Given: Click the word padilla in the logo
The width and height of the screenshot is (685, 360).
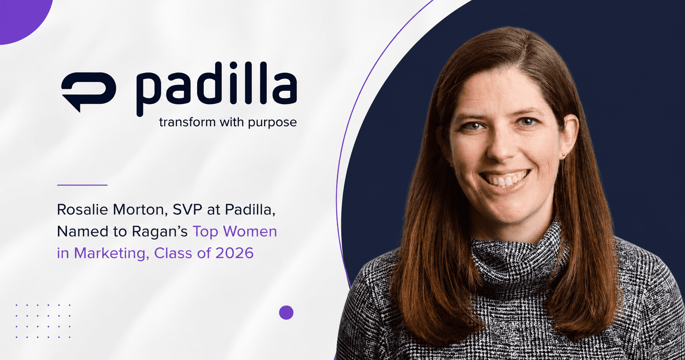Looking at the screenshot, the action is [216, 89].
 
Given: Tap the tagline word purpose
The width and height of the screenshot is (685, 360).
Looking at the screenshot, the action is [272, 123].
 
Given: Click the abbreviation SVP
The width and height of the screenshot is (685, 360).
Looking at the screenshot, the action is [188, 210].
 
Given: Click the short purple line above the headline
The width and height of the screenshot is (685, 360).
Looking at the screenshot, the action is [82, 185].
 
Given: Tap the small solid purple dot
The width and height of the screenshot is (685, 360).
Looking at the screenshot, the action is [286, 312].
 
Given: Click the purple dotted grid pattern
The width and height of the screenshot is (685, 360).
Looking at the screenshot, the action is [43, 321].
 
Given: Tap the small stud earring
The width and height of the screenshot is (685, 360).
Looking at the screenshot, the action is [563, 155].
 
